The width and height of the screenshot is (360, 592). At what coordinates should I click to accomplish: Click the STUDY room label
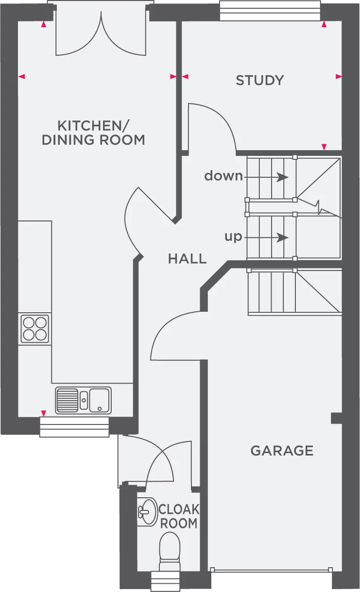[259, 80]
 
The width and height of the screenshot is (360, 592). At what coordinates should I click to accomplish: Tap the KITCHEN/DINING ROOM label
[93, 133]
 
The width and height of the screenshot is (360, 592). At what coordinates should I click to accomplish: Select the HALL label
[187, 258]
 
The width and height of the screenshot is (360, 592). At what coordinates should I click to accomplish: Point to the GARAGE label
[282, 451]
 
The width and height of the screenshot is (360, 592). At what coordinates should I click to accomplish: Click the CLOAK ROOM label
[178, 516]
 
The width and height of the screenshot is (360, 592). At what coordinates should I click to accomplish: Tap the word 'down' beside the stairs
[223, 176]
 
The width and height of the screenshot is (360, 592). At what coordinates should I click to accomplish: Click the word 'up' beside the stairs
[233, 237]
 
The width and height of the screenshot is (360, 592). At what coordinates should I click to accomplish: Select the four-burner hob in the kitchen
[34, 329]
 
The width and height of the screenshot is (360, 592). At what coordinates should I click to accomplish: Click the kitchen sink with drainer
[83, 400]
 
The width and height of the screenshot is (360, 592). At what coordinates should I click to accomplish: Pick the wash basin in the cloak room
[147, 511]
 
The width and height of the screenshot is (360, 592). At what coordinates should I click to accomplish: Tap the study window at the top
[270, 11]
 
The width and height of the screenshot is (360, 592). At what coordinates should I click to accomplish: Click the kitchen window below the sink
[74, 427]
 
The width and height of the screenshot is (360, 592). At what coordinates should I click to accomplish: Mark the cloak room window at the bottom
[166, 581]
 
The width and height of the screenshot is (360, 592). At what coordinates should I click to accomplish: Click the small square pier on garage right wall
[336, 418]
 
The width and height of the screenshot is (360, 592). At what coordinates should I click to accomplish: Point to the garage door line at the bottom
[271, 570]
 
